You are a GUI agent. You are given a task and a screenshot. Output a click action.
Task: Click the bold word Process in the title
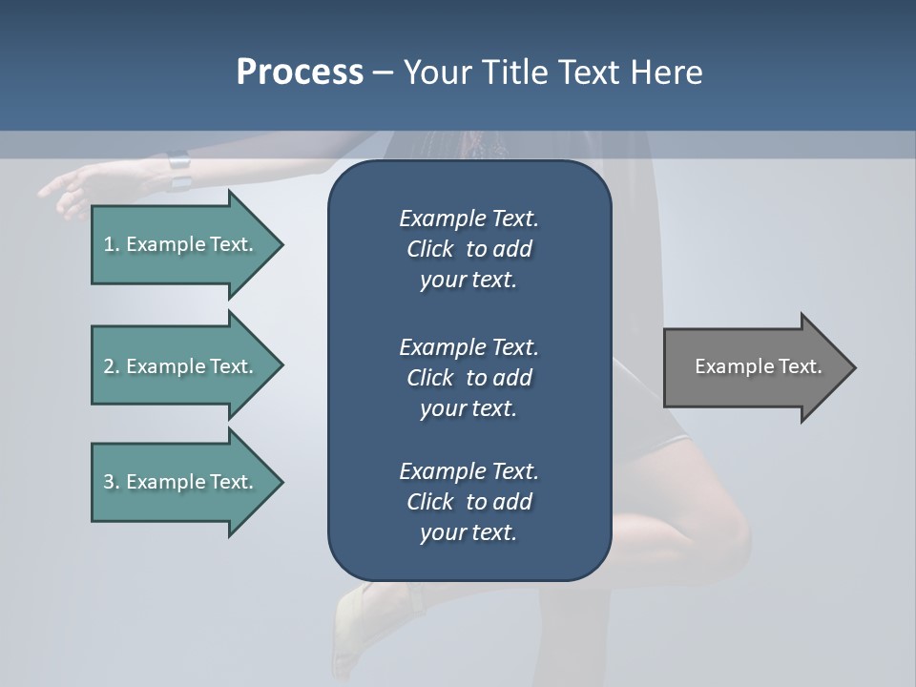pos(300,73)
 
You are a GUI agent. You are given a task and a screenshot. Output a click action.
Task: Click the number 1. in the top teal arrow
pos(112,244)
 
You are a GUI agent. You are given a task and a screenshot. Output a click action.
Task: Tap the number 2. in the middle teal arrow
pos(112,366)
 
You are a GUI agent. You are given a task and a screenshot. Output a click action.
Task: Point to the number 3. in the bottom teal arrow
pos(112,482)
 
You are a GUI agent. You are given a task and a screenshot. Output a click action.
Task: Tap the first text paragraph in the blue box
pos(468,249)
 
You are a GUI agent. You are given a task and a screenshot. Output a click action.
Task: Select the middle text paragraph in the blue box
pos(468,377)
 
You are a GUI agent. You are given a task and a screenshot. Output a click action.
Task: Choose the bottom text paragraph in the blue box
pos(468,502)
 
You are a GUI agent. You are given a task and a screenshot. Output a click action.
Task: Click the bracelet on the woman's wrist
pos(179,170)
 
